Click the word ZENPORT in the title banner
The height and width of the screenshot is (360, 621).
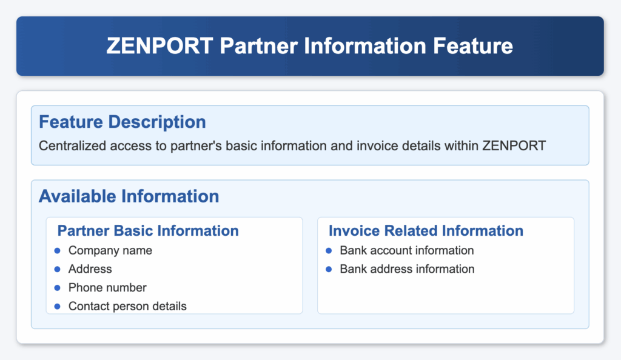(160, 46)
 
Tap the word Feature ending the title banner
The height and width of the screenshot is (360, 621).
(473, 46)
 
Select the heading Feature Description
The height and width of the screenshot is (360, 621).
(123, 122)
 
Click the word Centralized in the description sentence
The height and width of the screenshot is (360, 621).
(73, 146)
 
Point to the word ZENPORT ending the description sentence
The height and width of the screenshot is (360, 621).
(514, 146)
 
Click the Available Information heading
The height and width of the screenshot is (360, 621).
(129, 196)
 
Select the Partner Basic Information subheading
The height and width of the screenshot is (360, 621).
(148, 231)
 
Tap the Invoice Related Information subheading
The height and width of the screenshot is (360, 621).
(426, 231)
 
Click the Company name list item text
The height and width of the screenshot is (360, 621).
(110, 250)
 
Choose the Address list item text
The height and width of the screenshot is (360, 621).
(90, 269)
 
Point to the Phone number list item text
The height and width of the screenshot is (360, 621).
(107, 288)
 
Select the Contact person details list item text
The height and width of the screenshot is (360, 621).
(127, 306)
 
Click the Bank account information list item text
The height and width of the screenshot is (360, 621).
(407, 250)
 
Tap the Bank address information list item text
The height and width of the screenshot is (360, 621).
(407, 269)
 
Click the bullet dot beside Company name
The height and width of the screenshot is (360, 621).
(58, 251)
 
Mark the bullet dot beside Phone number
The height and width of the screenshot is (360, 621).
(58, 288)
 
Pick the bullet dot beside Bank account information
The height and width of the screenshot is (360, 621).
(329, 251)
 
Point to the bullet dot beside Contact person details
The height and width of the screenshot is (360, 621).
(58, 307)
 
